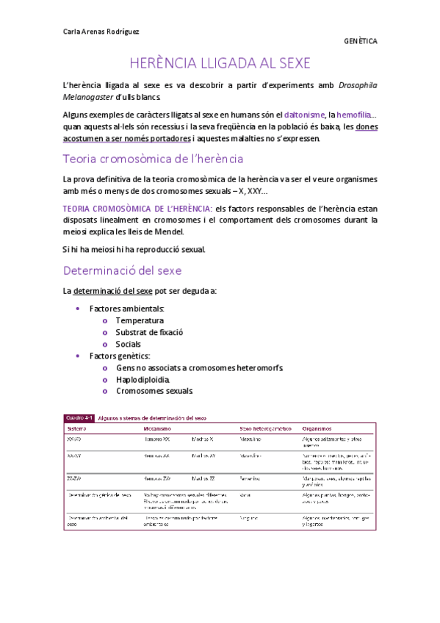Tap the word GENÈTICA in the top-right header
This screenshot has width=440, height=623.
pos(360,42)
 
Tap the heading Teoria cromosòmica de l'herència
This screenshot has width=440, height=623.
pos(153,159)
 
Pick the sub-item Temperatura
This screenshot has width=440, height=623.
pos(140,320)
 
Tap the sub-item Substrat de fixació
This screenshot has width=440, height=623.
pos(149,332)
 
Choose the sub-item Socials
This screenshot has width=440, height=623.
pos(129,344)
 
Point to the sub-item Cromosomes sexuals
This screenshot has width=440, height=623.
pos(151,391)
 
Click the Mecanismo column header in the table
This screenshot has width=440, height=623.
pos(157,428)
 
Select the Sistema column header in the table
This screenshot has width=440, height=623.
pos(76,428)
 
